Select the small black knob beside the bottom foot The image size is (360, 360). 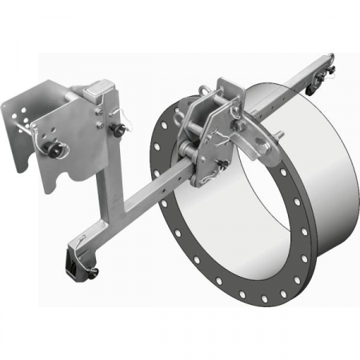[x=94, y=274]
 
